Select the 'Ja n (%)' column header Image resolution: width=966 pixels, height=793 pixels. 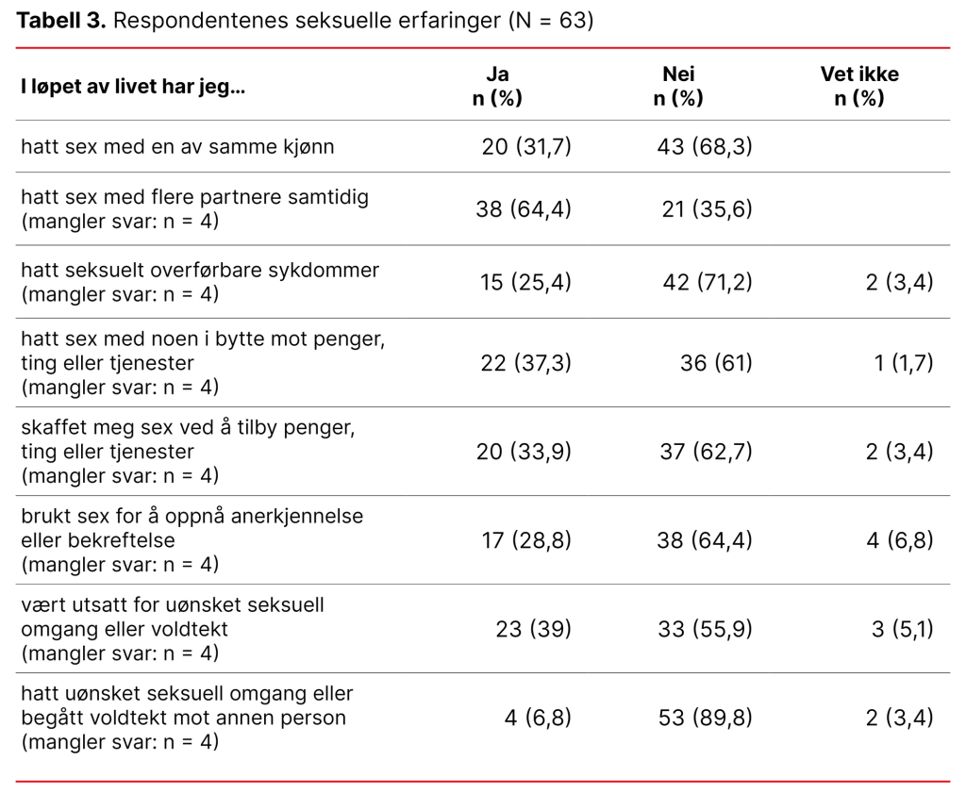coord(497,87)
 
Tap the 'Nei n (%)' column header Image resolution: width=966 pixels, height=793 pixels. coord(678,87)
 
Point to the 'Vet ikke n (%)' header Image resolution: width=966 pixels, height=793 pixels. coord(859,87)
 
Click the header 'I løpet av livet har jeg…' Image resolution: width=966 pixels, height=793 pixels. coord(133,88)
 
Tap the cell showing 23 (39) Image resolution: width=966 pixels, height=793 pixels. coord(533,629)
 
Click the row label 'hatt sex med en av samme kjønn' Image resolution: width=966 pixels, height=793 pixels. coord(177,147)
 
